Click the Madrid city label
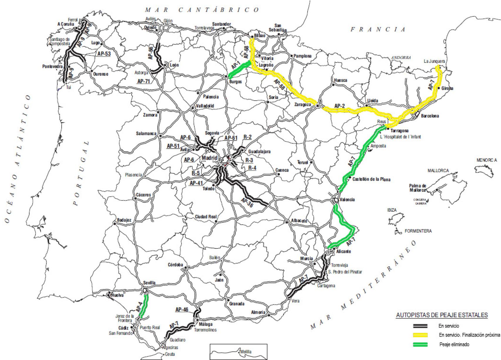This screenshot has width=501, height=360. click(x=209, y=158)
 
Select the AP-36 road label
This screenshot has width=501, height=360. click(x=247, y=203)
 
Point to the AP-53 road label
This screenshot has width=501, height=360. click(x=104, y=54)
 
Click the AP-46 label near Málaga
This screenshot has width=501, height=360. click(x=182, y=309)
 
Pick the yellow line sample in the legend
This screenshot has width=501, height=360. click(x=420, y=335)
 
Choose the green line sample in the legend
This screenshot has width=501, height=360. click(x=420, y=344)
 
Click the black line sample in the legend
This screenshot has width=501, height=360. click(x=420, y=326)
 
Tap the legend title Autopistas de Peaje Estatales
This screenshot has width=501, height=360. click(x=442, y=315)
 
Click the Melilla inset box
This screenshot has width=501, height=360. click(x=238, y=351)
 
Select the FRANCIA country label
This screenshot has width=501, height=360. click(x=378, y=29)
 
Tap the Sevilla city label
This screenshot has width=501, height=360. click(x=149, y=283)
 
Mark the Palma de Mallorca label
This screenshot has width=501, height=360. click(x=418, y=188)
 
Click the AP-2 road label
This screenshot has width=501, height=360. click(x=339, y=106)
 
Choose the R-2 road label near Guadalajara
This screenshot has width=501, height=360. click(x=248, y=137)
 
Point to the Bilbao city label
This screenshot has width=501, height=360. click(x=260, y=36)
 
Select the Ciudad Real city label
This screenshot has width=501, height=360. click(x=206, y=217)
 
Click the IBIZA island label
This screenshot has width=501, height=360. click(x=392, y=210)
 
